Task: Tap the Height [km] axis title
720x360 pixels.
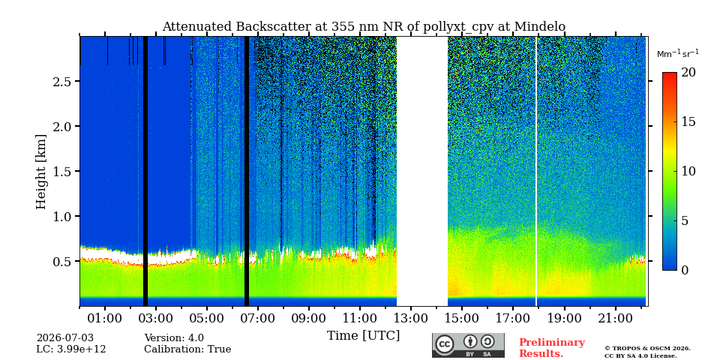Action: (41, 172)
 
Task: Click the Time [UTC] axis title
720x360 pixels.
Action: (363, 336)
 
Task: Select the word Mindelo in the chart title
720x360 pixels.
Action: (540, 27)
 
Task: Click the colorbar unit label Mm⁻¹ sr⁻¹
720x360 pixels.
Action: (678, 54)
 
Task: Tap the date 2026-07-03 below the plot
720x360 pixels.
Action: (65, 338)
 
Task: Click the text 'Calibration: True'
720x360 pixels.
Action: (187, 349)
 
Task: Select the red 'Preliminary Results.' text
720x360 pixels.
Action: (552, 348)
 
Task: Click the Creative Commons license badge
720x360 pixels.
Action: (468, 345)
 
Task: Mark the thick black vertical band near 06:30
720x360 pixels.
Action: (247, 171)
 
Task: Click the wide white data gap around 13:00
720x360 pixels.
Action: (422, 171)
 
